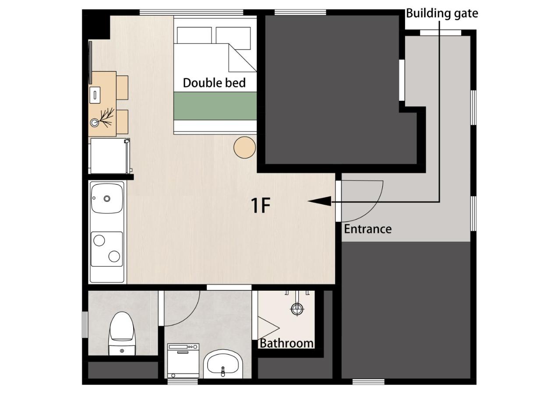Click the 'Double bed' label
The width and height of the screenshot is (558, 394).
pyautogui.click(x=214, y=83)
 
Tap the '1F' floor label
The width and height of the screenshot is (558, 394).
pyautogui.click(x=260, y=205)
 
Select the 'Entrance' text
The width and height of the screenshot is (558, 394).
pyautogui.click(x=367, y=229)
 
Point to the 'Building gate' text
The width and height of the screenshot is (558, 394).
pyautogui.click(x=441, y=13)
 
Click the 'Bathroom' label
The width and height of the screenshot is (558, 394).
pyautogui.click(x=286, y=343)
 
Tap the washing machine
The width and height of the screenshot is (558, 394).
pyautogui.click(x=183, y=361)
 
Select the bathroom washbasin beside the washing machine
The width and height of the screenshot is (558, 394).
pyautogui.click(x=223, y=365)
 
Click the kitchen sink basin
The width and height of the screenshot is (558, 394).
pyautogui.click(x=106, y=198)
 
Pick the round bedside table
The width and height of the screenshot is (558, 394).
pyautogui.click(x=244, y=147)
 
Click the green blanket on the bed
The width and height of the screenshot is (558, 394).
pyautogui.click(x=215, y=106)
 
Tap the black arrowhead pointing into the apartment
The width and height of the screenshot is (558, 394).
pyautogui.click(x=319, y=201)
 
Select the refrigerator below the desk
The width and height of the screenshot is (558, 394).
pyautogui.click(x=109, y=156)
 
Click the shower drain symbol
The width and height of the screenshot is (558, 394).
pyautogui.click(x=297, y=309)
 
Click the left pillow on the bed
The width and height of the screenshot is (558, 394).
pyautogui.click(x=194, y=35)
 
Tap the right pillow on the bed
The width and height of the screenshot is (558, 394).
pyautogui.click(x=233, y=35)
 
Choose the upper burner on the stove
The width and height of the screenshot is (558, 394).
pyautogui.click(x=99, y=240)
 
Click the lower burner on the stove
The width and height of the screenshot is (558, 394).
pyautogui.click(x=114, y=257)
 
